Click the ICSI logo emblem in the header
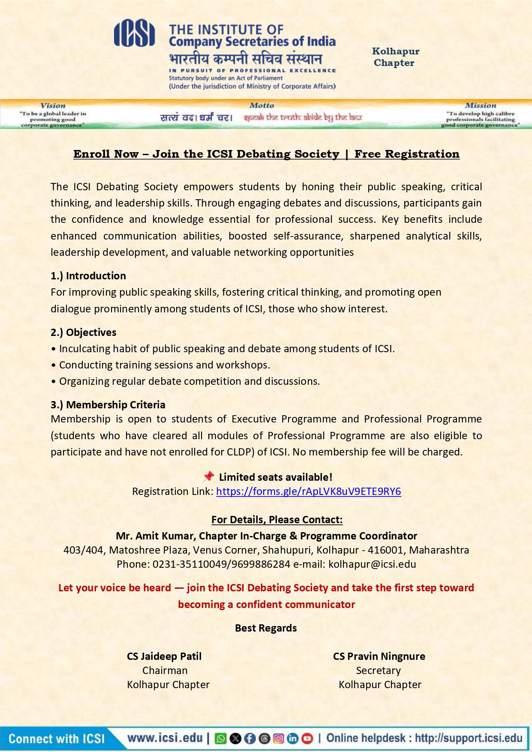coord(134,33)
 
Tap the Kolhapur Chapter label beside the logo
coord(395,57)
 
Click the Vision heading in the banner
coord(53,105)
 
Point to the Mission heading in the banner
coord(480,105)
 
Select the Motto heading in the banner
coord(261,105)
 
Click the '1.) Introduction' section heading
coord(88,276)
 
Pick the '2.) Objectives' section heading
coord(83,332)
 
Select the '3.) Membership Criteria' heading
coord(108,404)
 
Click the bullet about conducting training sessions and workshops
coord(164,365)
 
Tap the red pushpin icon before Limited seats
coord(209,476)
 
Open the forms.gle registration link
coord(308,491)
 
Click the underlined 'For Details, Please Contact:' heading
coord(277,519)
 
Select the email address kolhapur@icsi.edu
coord(372,564)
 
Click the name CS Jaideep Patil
coord(164,656)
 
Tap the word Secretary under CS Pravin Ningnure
coord(379,670)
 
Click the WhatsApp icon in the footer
coord(220,738)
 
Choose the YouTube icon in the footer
coord(307,738)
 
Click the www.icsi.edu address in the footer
coord(165,738)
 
